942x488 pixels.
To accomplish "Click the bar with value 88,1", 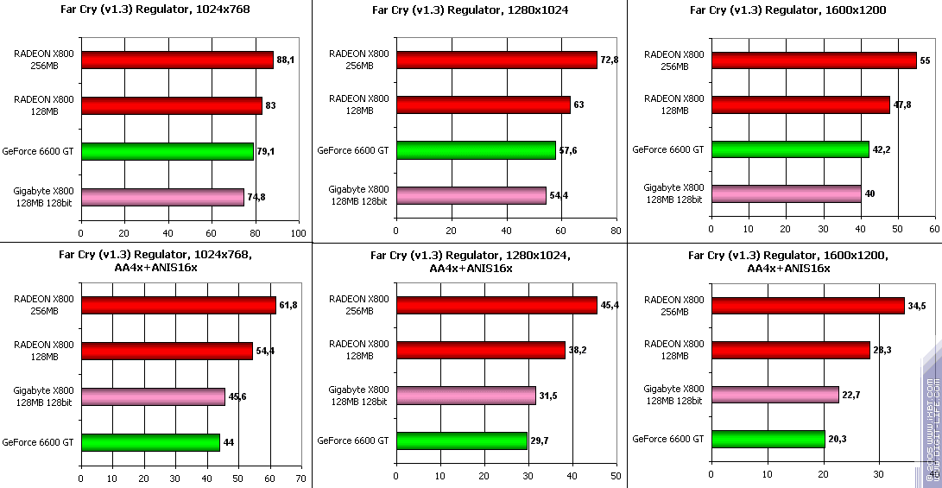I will (177, 60).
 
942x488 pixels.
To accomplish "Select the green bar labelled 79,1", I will (167, 151).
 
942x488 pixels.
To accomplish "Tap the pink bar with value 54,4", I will (471, 196).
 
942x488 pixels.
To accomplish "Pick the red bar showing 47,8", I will (800, 105).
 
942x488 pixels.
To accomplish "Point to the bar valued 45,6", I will (153, 396).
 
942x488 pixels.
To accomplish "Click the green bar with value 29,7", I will (461, 441).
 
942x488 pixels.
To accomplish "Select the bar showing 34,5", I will (807, 306).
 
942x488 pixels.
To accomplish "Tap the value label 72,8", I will (610, 59).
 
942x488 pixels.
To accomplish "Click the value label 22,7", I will (852, 396).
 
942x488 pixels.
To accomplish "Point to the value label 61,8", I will (288, 305).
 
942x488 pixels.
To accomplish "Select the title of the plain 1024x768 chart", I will (155, 11).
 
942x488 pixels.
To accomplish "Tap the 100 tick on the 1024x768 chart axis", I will (299, 232).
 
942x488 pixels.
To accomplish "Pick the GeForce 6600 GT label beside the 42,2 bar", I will (668, 149).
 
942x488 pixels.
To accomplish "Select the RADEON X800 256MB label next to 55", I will (674, 60).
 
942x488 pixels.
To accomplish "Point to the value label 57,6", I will (568, 150).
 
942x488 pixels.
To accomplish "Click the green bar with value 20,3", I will (768, 440).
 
